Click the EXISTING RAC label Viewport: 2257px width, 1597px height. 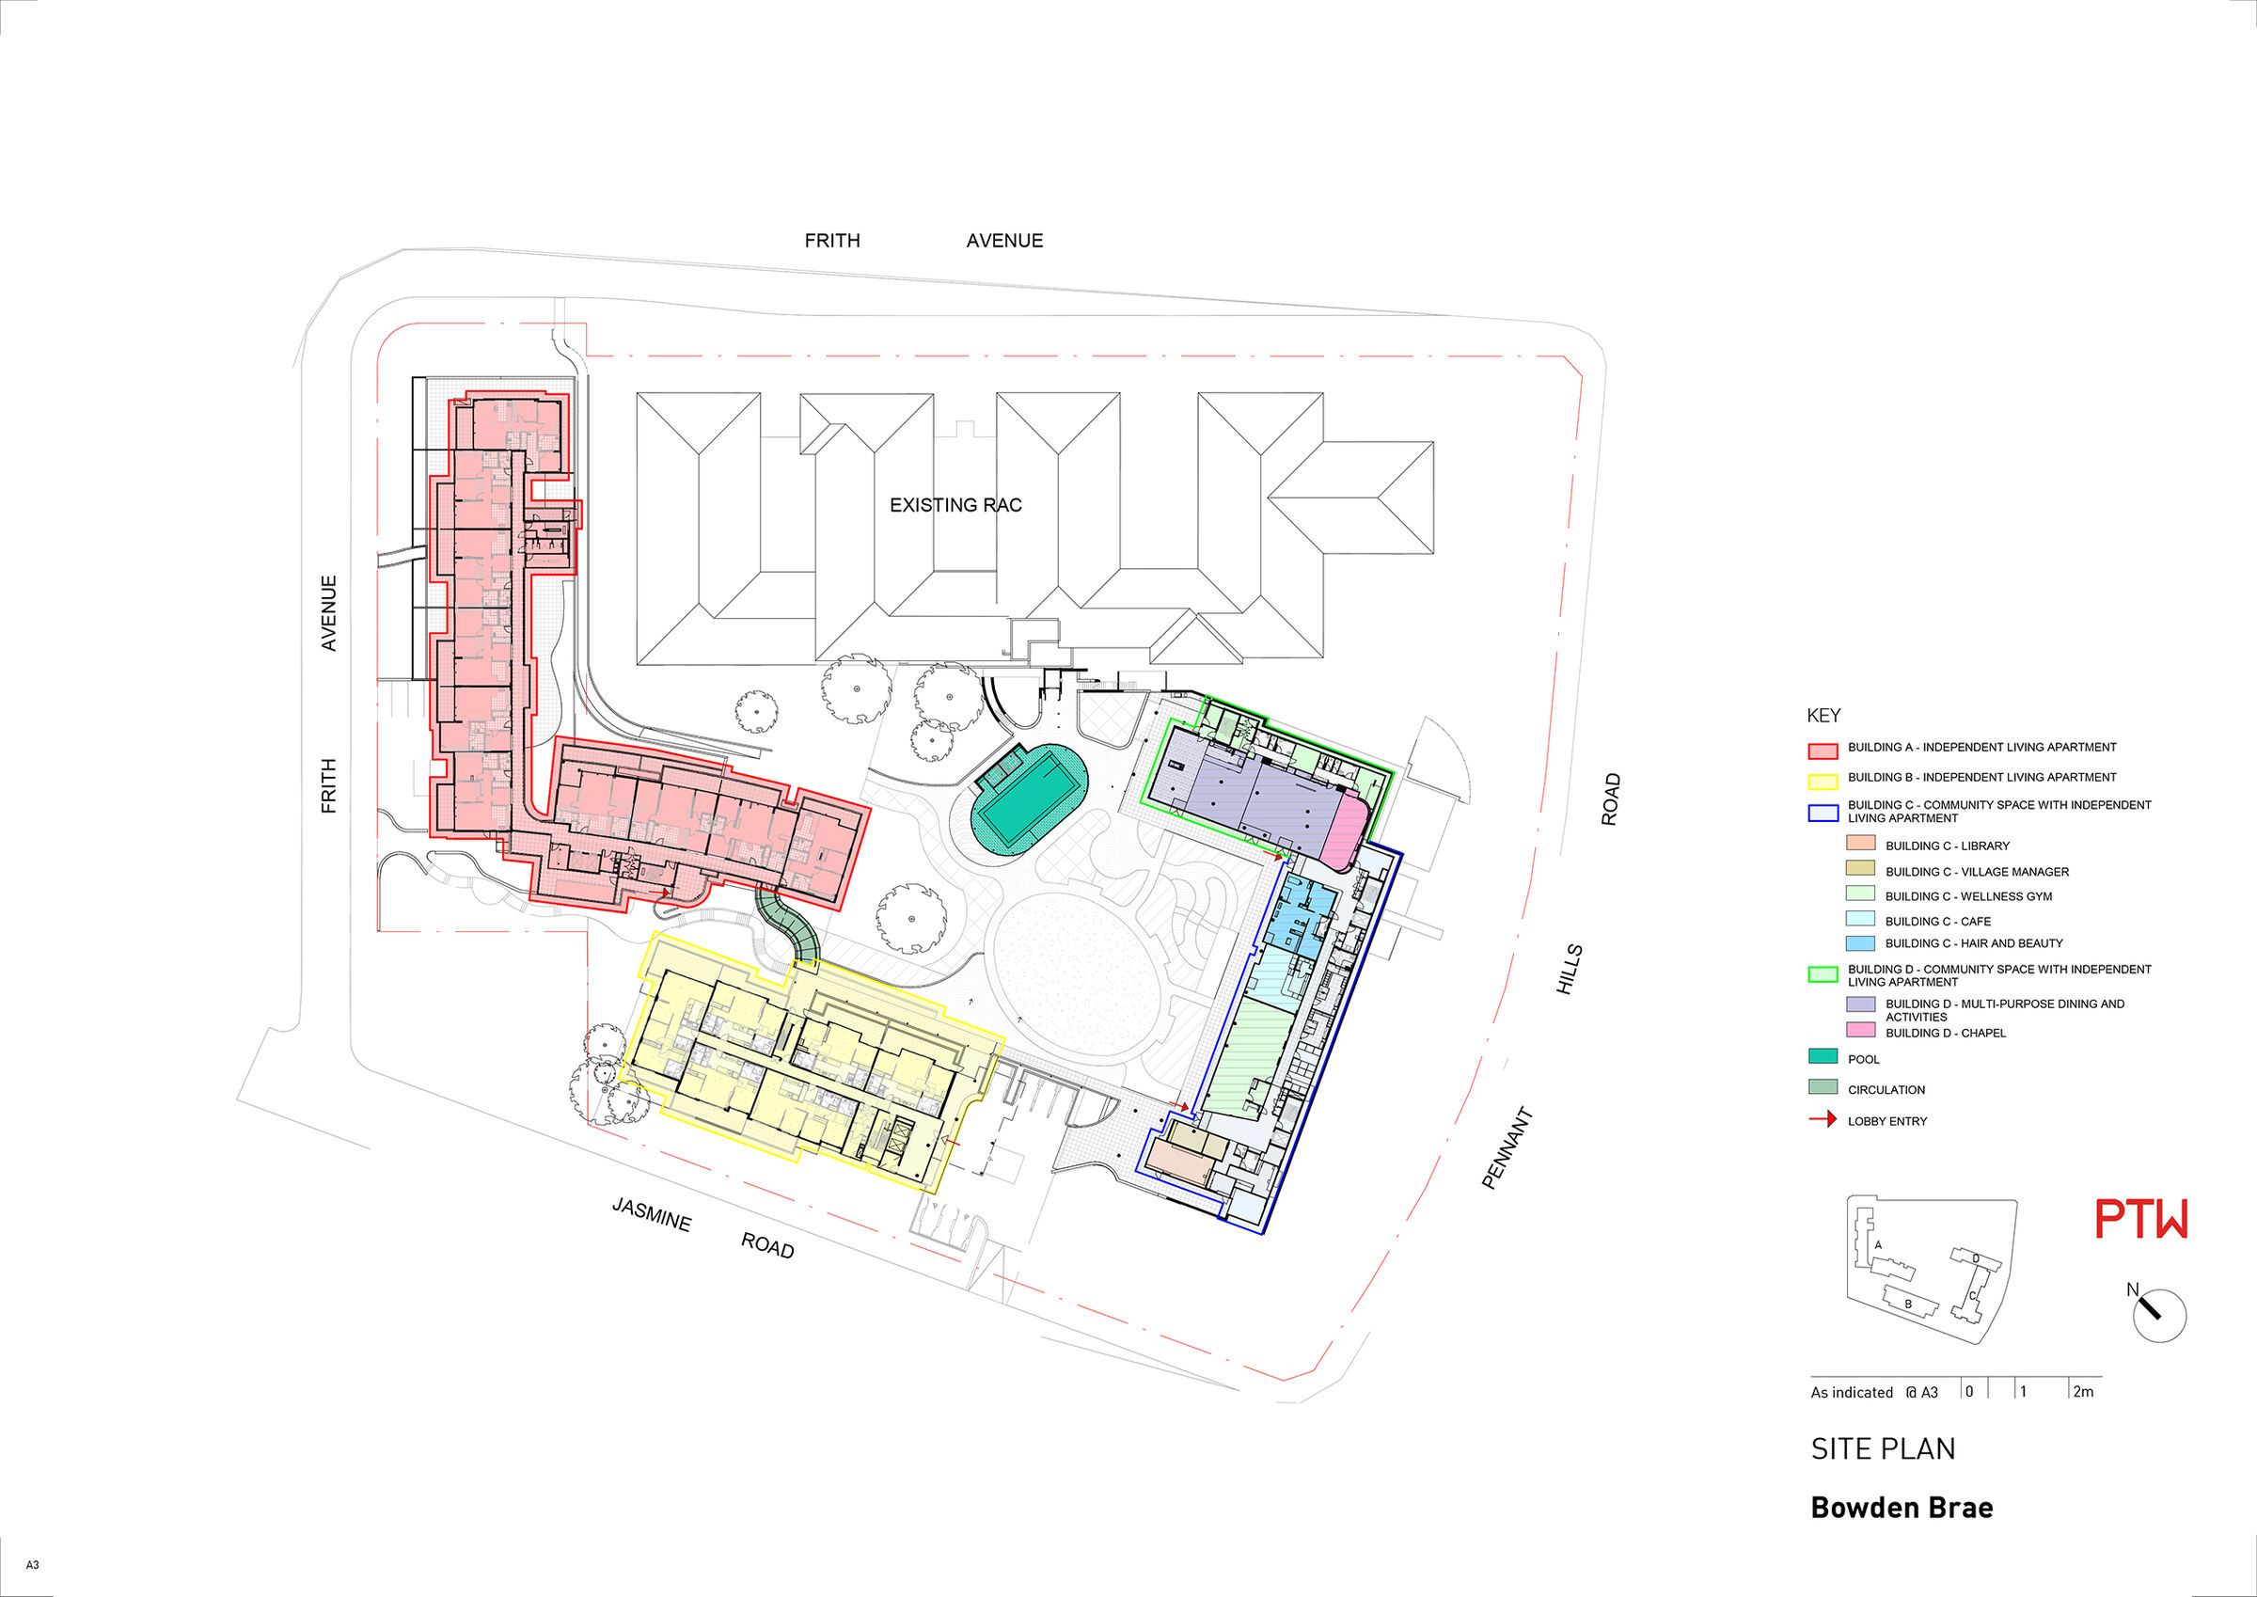tap(955, 505)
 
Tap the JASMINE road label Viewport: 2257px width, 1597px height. tap(652, 1214)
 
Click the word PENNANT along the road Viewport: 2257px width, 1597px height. tap(1507, 1148)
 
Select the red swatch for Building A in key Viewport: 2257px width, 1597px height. tap(1823, 751)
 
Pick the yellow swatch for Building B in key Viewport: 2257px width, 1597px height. tap(1823, 782)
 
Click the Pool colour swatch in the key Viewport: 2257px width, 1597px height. tap(1823, 1057)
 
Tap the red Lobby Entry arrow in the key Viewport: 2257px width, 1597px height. tap(1823, 1119)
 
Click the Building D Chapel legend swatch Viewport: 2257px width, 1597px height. tap(1860, 1030)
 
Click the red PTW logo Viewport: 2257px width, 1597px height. tap(2141, 1220)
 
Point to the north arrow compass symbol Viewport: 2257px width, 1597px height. tap(2157, 1315)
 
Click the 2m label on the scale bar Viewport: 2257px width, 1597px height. tap(2083, 1391)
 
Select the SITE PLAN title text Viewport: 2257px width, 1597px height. tap(1883, 1448)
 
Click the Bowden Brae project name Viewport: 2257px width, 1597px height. tap(1902, 1508)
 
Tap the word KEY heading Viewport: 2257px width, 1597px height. tap(1823, 716)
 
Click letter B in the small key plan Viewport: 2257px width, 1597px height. tap(1908, 1304)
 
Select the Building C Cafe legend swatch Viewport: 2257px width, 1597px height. tap(1860, 920)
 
